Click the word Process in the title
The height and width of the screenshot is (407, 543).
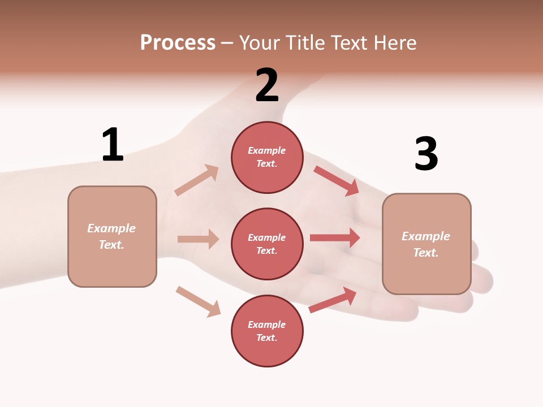click(x=178, y=42)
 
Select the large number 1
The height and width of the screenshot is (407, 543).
click(x=113, y=145)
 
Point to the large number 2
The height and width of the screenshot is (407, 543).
click(x=267, y=85)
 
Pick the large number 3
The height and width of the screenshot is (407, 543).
click(x=426, y=154)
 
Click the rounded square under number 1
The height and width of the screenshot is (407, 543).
click(x=112, y=236)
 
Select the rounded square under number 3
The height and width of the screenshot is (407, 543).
click(x=426, y=244)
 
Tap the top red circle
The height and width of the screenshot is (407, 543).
click(x=267, y=157)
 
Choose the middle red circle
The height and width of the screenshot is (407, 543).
click(x=267, y=244)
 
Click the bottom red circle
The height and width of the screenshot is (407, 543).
click(x=267, y=331)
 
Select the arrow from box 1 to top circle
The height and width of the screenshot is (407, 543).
click(x=197, y=180)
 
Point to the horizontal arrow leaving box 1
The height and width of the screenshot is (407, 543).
click(x=198, y=239)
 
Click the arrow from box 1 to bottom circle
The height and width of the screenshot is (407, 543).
click(x=198, y=301)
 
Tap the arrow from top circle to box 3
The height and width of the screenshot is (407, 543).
click(x=337, y=180)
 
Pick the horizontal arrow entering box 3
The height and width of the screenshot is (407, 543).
click(x=335, y=237)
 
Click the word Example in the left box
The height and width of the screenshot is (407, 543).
click(x=111, y=228)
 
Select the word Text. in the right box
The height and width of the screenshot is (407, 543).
click(x=426, y=253)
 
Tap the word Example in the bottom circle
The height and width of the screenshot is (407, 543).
click(x=267, y=324)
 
